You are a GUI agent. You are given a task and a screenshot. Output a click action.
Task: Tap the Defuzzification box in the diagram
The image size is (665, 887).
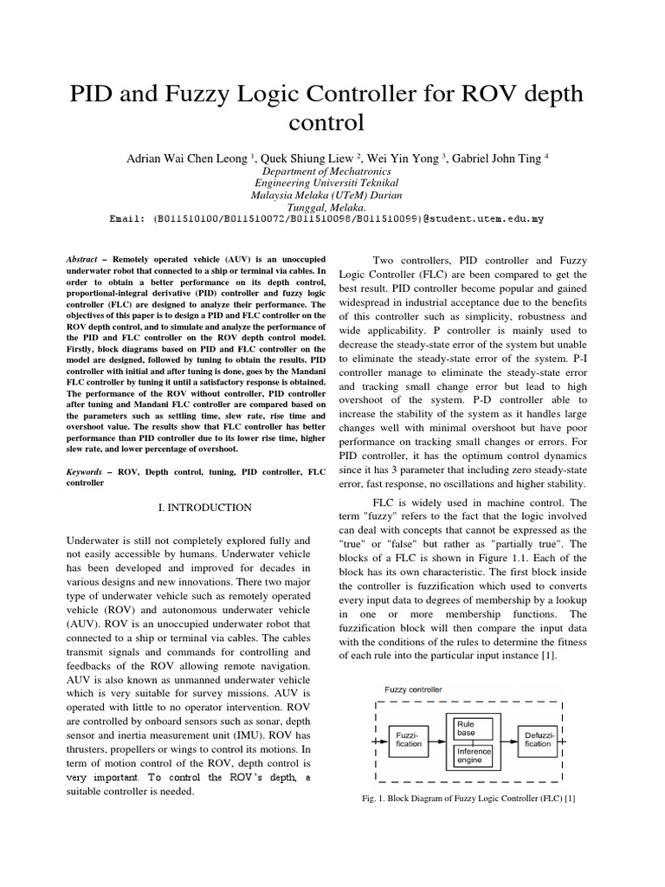tap(535, 740)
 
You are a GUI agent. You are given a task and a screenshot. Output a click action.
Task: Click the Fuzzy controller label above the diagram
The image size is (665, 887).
tap(414, 689)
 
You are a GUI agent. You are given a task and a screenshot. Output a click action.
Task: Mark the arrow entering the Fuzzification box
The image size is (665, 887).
tap(378, 742)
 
